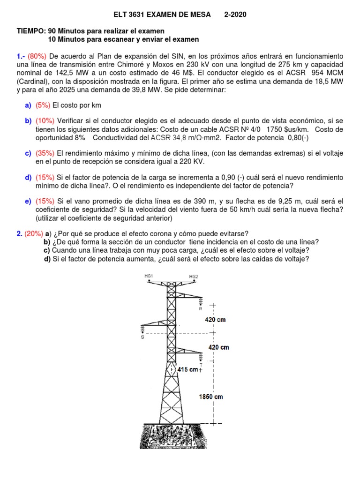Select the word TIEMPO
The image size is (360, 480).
coord(31,31)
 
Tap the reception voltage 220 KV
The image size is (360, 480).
coord(192,161)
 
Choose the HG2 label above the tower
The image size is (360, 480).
coord(194,277)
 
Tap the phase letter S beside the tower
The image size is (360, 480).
coord(142,337)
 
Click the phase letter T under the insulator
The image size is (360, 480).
coord(201,365)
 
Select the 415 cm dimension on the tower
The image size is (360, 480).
coord(187,370)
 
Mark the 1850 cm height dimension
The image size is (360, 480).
coord(210,397)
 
